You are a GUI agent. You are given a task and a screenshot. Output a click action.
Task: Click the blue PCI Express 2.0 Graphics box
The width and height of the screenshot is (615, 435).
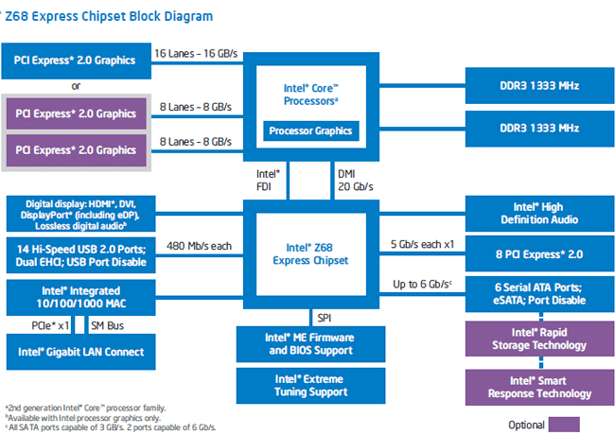coord(75,60)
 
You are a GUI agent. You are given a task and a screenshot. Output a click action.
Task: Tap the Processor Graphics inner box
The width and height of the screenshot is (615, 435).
coord(310,130)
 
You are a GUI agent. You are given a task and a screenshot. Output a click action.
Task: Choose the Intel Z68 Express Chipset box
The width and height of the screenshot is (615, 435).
coord(310,253)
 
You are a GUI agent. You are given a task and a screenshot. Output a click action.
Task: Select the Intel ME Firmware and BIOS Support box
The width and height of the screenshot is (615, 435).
coord(310,343)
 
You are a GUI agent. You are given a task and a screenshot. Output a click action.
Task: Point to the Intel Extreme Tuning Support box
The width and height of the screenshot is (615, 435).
coord(310,385)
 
